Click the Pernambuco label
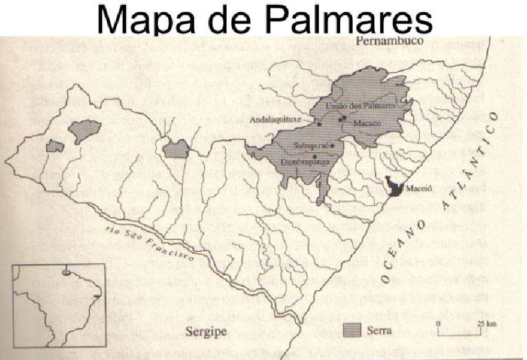[386, 41]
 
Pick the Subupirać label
[311, 145]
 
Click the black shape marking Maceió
[397, 186]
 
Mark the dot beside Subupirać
[332, 145]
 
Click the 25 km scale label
[484, 324]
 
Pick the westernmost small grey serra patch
[55, 146]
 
